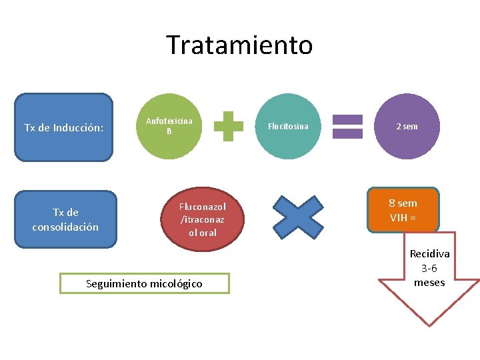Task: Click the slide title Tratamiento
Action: point(239,45)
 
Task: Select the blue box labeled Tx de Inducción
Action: point(63,127)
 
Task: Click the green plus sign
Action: point(228,126)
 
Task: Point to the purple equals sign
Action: point(347,126)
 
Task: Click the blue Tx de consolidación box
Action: point(65,219)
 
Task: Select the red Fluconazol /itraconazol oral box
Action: point(203,219)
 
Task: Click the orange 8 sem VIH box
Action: point(403,210)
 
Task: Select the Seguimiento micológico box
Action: point(144,284)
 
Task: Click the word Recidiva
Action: point(429,254)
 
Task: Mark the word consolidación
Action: point(65,227)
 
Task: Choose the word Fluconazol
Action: point(203,207)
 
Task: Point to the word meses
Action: point(429,282)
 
